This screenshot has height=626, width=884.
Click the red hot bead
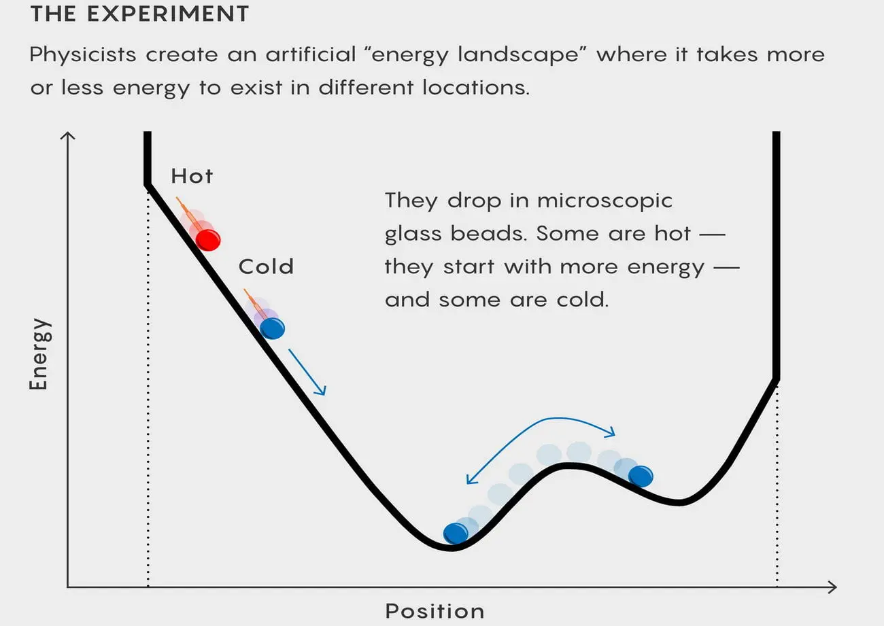tap(208, 240)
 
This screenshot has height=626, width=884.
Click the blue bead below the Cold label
tap(272, 328)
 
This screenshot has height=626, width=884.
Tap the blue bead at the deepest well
tap(456, 534)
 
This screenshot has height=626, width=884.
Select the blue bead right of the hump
tap(641, 476)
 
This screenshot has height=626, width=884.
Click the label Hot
tap(192, 176)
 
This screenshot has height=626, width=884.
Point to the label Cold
tap(266, 266)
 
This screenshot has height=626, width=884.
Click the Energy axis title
tap(39, 354)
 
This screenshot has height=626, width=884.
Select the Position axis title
tap(435, 611)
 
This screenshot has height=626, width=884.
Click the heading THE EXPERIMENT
tap(139, 14)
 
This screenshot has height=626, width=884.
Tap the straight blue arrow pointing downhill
tap(307, 372)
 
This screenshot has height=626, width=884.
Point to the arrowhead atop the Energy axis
tap(67, 136)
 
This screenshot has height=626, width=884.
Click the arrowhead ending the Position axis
tap(832, 587)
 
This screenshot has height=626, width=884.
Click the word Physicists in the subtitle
tap(83, 54)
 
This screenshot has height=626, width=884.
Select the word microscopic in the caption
tap(605, 201)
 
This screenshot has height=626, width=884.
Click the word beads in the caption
tap(488, 234)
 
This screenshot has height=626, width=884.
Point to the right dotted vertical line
tap(777, 485)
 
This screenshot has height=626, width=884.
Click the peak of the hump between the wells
tap(566, 466)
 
